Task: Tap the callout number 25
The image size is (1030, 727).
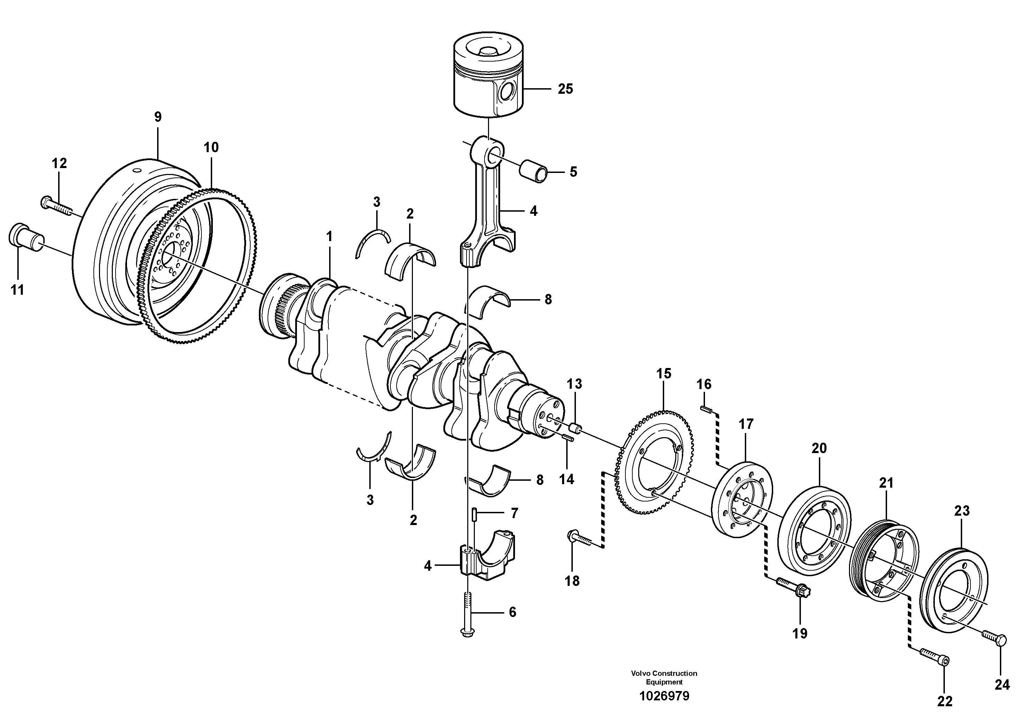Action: pos(565,89)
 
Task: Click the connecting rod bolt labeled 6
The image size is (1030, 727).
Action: pos(468,614)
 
